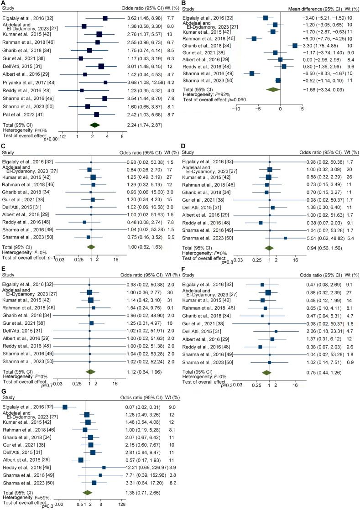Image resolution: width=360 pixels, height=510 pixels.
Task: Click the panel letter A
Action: (x=4, y=3)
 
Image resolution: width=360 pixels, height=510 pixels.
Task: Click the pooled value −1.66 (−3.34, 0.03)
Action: (x=318, y=89)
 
